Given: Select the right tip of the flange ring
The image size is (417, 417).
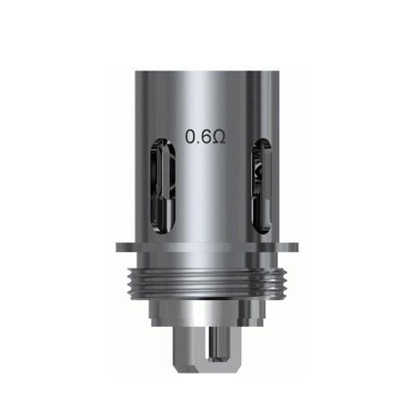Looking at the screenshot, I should click(x=301, y=248).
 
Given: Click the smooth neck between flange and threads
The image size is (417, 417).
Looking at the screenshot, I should click(x=208, y=259).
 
